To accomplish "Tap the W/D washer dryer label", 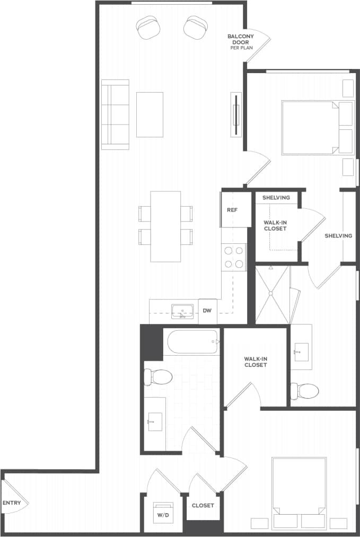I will coord(161,514).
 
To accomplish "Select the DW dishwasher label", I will coord(207,311).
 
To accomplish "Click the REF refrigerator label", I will coord(232,210).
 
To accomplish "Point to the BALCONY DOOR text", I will coord(241,40).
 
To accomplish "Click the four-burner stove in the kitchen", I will coord(233,257).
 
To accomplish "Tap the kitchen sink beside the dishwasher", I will coord(182,311).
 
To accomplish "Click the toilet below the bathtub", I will coord(157,377).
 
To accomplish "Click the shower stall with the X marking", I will coord(273,295).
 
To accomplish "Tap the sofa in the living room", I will coord(116,115).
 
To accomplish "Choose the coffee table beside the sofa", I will coord(150,115).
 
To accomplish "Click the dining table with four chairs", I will coord(165,226).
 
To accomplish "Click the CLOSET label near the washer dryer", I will coord(203,505).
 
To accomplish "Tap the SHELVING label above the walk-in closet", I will coord(276,198).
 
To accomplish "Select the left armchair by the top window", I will coord(148,27).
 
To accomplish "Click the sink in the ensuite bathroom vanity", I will coord(301,350).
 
